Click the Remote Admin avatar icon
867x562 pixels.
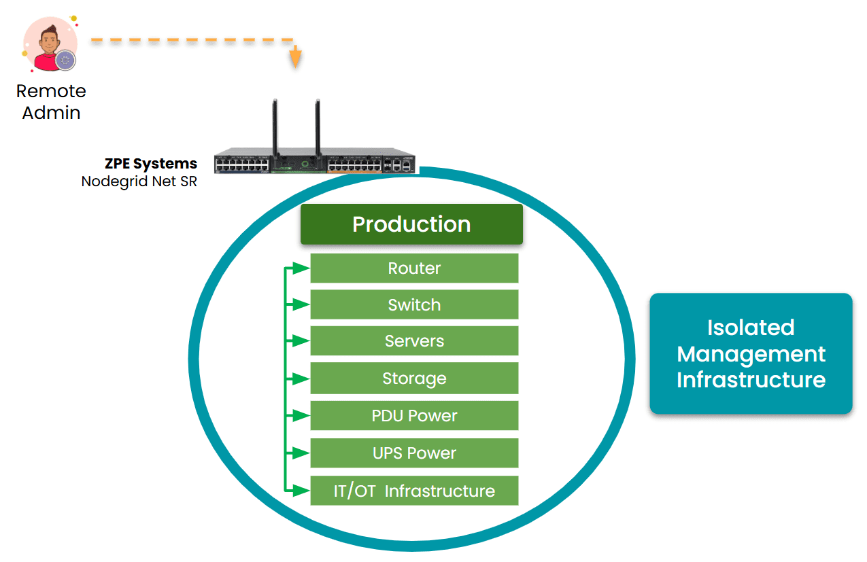point(49,45)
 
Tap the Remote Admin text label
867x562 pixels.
point(51,102)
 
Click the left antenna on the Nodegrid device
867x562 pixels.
point(274,126)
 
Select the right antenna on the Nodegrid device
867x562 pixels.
point(317,126)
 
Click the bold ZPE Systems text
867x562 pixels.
point(151,164)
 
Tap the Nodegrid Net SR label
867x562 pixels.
point(139,181)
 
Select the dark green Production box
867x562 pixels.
point(411,224)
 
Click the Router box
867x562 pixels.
point(414,268)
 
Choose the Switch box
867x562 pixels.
point(414,305)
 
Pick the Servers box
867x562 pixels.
point(414,341)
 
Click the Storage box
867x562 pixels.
point(414,379)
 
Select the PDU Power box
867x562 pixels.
point(414,416)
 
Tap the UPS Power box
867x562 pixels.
point(414,453)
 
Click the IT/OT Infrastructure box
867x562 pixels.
point(414,491)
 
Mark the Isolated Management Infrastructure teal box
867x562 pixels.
point(751,353)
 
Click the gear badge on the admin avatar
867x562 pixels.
point(65,60)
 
